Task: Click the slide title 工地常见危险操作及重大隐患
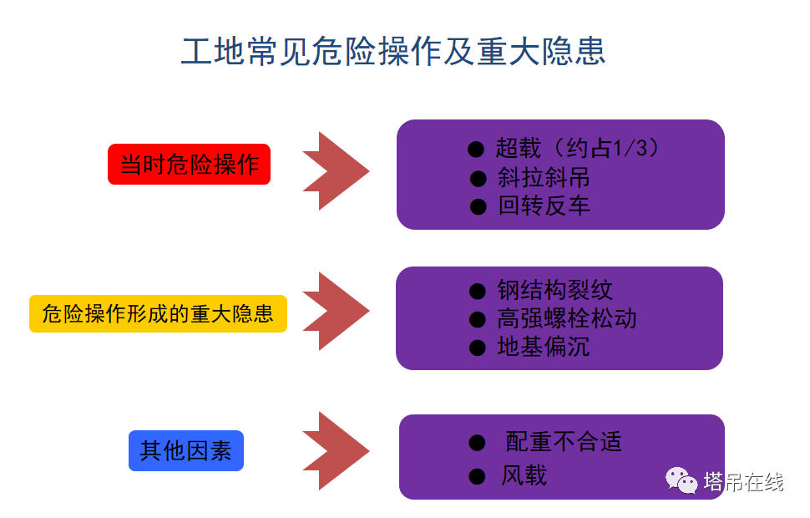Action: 393,52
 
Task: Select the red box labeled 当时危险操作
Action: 190,164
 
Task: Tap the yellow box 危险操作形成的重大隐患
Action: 158,313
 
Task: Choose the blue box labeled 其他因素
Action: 186,451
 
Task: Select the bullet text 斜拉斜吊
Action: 544,177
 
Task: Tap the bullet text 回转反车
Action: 544,206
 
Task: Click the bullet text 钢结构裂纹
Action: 554,290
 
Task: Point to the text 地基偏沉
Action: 543,347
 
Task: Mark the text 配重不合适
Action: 564,442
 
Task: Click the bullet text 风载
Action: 524,475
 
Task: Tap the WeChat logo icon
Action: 681,480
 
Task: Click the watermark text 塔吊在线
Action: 744,482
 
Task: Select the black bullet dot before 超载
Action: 476,150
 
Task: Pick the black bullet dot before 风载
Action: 477,476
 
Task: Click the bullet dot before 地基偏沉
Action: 477,348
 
